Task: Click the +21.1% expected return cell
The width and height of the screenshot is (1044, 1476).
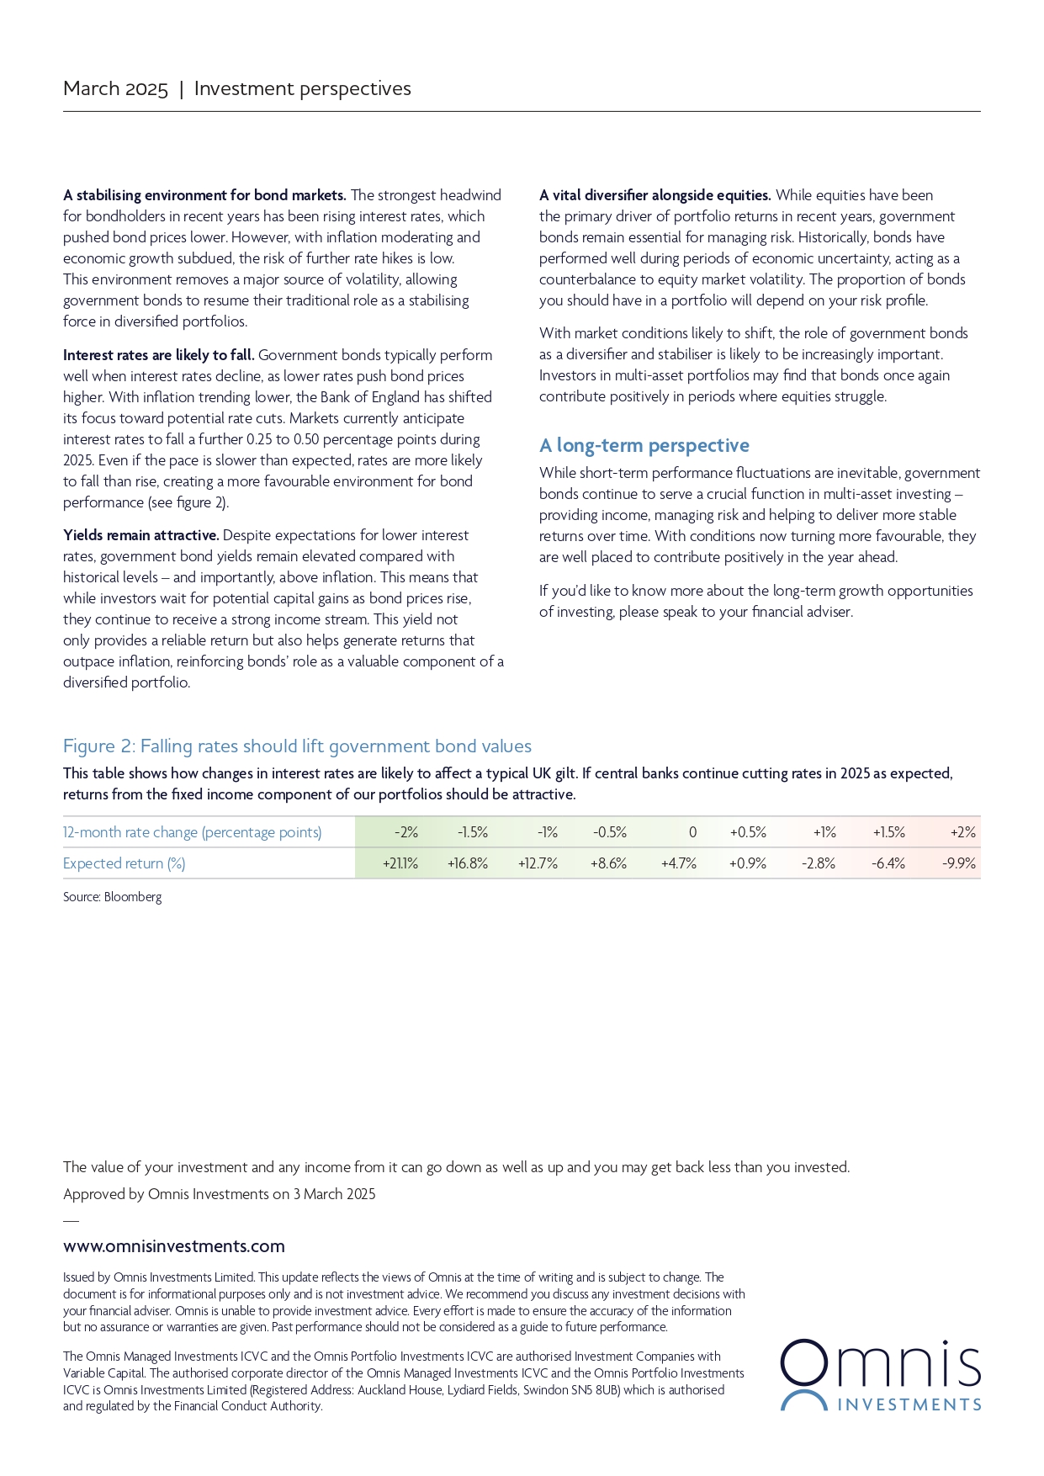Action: tap(400, 863)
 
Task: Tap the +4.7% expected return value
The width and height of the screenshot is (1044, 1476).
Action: tap(679, 863)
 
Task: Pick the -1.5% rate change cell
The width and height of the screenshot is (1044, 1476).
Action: tap(473, 832)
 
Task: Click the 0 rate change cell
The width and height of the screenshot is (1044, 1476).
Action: tap(692, 832)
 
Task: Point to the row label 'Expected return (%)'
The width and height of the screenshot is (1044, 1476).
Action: tap(125, 863)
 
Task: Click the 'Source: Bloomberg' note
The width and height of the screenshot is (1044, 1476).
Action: tap(112, 897)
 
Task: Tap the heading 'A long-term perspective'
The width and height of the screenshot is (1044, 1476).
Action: tap(644, 445)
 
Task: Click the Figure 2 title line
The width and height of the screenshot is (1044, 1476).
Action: tap(297, 746)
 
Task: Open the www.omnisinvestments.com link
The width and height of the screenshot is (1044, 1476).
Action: tap(174, 1246)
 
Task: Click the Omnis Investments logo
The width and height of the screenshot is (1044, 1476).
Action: tap(880, 1375)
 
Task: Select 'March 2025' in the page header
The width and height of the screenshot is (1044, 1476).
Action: tap(115, 89)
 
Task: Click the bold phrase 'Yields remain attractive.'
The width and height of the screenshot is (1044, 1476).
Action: tap(141, 535)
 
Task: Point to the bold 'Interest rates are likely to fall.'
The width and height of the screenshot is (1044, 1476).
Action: tap(159, 355)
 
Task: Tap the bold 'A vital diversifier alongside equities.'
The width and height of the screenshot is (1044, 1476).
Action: tap(655, 195)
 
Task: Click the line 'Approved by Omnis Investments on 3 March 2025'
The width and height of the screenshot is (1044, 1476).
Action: tap(220, 1194)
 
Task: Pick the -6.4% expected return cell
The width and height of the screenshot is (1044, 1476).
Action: tap(888, 863)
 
